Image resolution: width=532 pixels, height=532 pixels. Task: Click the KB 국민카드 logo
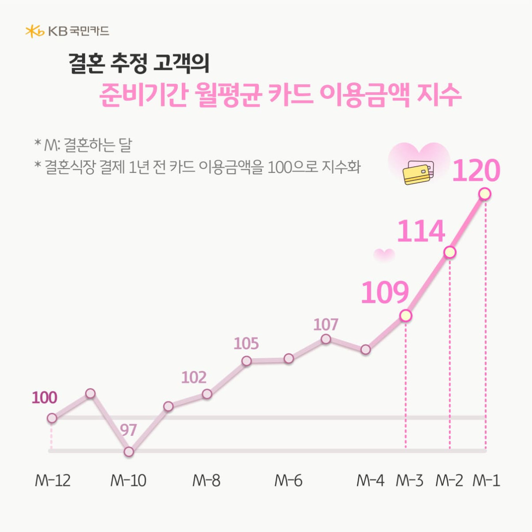click(67, 31)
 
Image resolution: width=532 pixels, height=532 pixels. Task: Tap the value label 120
click(476, 171)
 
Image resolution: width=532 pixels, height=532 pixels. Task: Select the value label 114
click(420, 231)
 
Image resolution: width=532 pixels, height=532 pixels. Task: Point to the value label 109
click(384, 293)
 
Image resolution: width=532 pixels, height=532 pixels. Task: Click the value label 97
click(128, 430)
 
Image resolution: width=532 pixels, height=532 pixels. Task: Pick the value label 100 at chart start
click(44, 398)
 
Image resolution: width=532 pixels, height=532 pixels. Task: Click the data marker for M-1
click(485, 194)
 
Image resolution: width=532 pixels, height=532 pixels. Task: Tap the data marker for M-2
click(450, 252)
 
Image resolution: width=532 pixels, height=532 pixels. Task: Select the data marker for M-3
click(406, 316)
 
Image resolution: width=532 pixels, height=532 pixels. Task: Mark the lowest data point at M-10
click(129, 452)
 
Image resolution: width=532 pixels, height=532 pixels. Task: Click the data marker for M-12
click(52, 418)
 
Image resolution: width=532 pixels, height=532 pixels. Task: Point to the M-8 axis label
click(206, 481)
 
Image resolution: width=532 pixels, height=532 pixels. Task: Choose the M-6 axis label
click(288, 481)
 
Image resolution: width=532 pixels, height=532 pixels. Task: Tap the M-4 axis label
click(370, 481)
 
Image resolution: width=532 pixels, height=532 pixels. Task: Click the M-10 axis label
click(128, 481)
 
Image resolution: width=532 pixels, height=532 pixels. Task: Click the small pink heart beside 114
click(384, 254)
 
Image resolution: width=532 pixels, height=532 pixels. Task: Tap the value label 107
click(326, 325)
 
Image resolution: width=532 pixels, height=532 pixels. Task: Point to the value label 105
click(246, 344)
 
